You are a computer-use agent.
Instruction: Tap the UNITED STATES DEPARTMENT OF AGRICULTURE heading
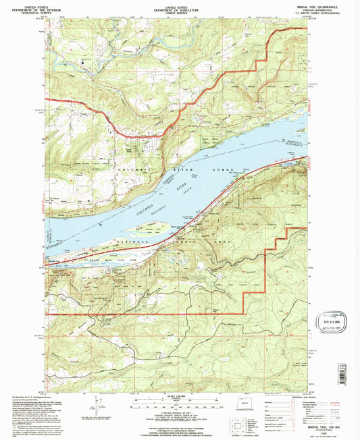tap(179, 7)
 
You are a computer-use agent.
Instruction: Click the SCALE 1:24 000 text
tap(178, 395)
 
